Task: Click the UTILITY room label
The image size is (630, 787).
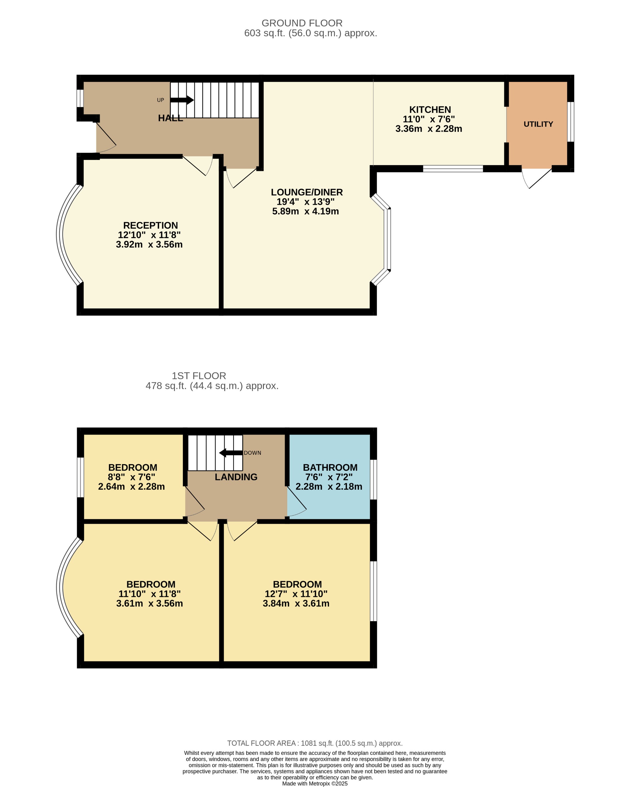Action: point(538,124)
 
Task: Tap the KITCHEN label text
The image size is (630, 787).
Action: point(430,110)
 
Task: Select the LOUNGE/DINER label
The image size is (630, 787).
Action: point(307,192)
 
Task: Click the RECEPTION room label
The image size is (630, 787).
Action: point(150,225)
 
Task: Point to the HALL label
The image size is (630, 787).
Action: point(170,118)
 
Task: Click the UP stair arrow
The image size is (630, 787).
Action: point(182,100)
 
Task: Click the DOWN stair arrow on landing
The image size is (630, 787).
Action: point(231,453)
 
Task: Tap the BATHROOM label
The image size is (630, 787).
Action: point(330,467)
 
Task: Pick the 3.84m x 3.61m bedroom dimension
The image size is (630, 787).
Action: point(296,603)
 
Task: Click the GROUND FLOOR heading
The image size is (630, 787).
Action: point(302,23)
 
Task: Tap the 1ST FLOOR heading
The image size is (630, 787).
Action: point(199,376)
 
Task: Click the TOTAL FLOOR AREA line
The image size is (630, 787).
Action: point(315,743)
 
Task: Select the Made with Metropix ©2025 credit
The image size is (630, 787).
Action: point(315,783)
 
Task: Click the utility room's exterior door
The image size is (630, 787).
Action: point(537,178)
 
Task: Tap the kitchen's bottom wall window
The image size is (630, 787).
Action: point(453,169)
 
